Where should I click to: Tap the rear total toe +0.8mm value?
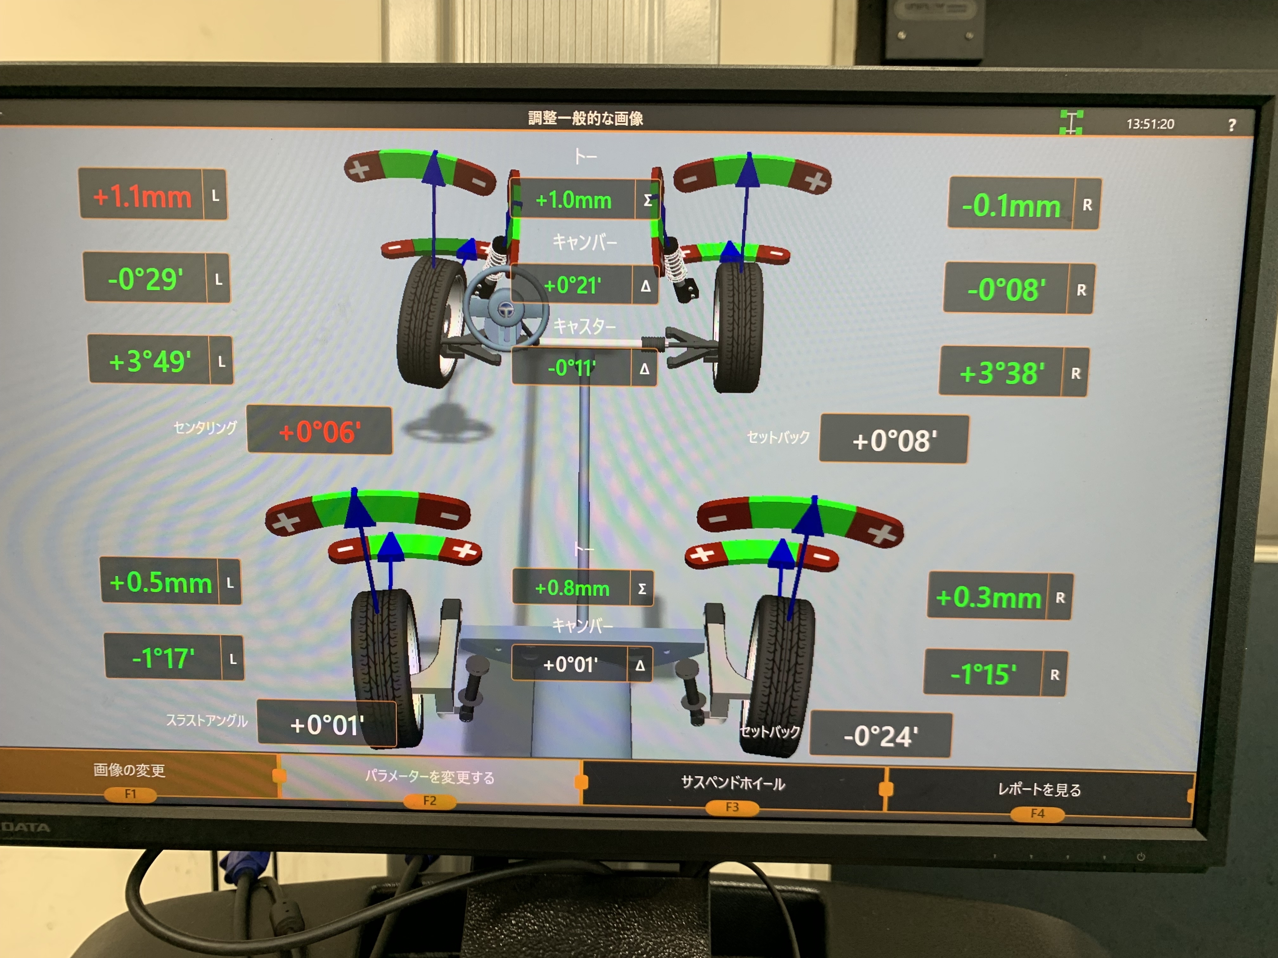(572, 588)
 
